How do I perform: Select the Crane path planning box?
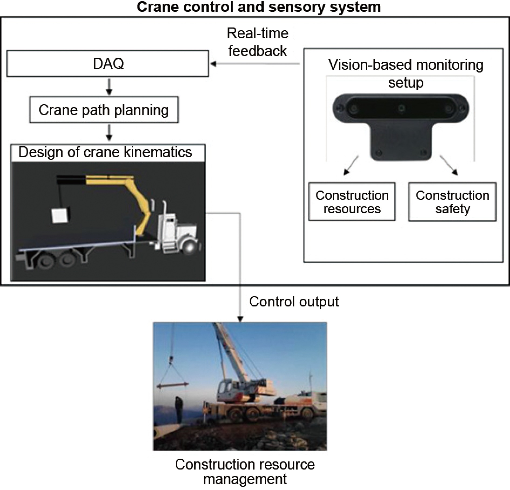104,110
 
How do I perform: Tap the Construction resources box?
352,202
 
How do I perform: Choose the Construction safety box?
452,202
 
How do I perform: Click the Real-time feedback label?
257,42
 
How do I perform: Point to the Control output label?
294,302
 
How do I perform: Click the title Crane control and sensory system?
259,7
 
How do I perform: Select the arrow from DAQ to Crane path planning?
109,87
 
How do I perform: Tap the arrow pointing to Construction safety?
449,165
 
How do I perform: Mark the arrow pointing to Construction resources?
351,165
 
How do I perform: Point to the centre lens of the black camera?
402,108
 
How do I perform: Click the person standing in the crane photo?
179,409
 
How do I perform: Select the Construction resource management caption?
245,472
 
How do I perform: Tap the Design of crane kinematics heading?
105,152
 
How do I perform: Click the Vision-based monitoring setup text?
406,73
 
